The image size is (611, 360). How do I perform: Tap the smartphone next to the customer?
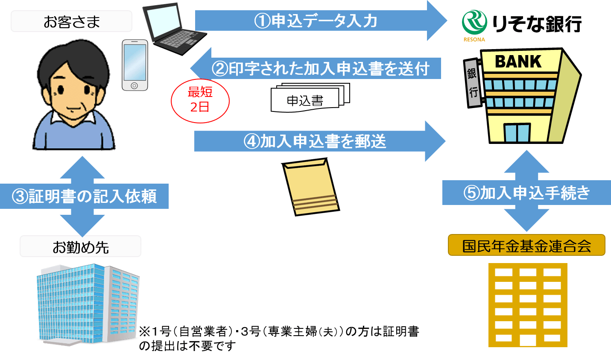tap(134, 65)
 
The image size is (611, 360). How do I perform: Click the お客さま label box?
tap(71, 21)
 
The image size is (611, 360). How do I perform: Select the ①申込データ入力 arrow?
tap(316, 20)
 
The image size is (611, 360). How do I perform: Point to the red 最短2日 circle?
tap(200, 101)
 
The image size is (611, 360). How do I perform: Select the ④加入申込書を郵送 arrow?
tap(316, 141)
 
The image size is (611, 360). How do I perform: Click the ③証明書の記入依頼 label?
tap(84, 196)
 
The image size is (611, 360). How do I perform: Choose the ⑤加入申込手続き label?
tap(526, 193)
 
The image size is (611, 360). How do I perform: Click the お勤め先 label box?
tap(80, 246)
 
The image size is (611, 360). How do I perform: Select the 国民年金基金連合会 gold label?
tap(526, 245)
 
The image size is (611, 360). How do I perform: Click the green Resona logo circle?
tap(474, 22)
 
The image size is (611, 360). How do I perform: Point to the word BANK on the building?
tap(518, 61)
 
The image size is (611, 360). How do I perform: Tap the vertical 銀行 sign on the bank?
tap(472, 83)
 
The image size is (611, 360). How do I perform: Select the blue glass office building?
tap(88, 303)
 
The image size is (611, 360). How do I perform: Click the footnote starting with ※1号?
tap(278, 338)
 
